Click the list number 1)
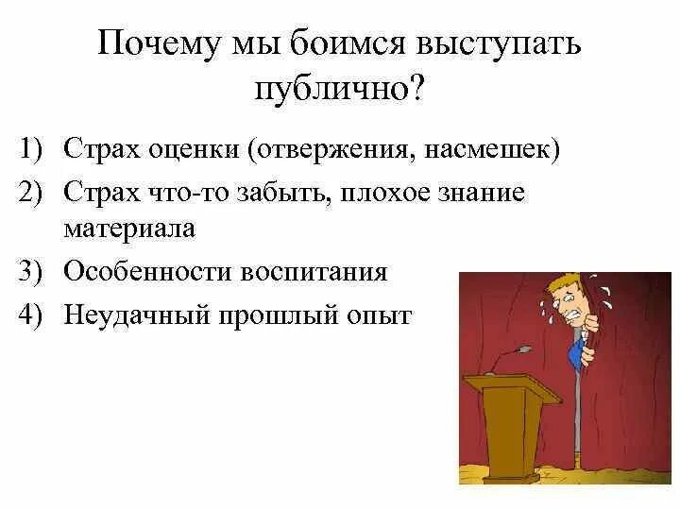click(x=37, y=150)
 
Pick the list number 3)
click(x=37, y=272)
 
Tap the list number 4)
click(x=37, y=314)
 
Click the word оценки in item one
click(x=200, y=150)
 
